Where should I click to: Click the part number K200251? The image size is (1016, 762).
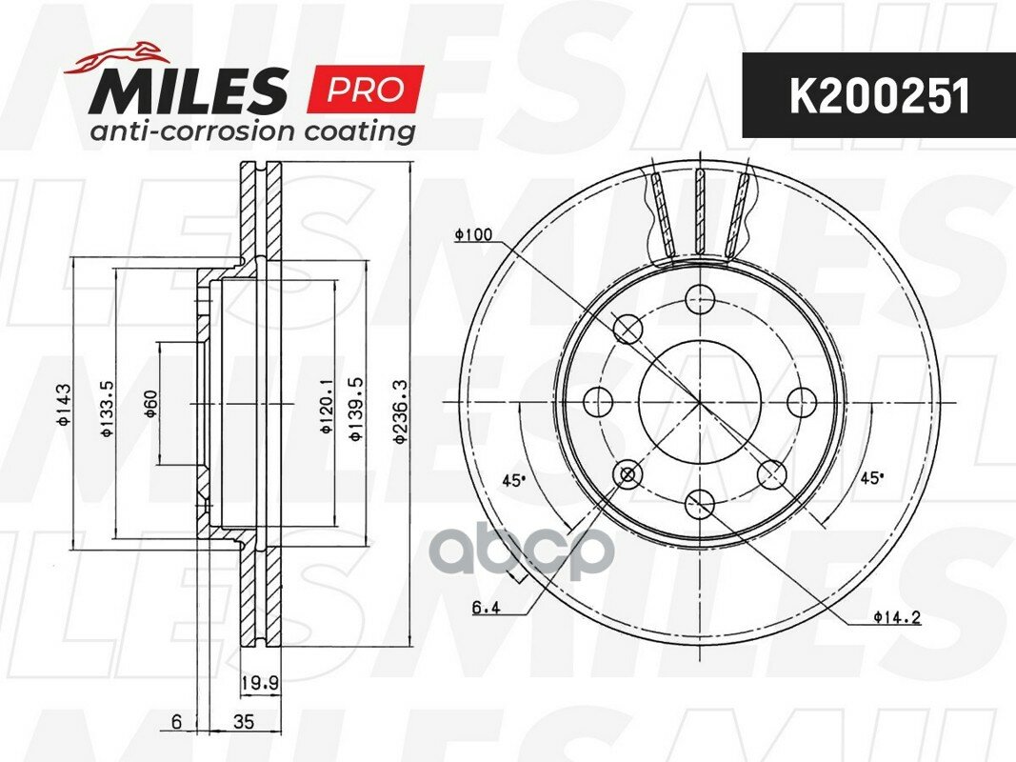pos(879,97)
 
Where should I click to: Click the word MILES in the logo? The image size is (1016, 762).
pos(189,91)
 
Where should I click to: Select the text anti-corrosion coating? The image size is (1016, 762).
pos(252,131)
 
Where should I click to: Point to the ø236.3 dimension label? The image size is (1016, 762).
pos(401,412)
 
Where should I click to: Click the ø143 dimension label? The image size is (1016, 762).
pos(64,405)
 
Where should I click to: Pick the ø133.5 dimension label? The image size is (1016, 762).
pos(107,409)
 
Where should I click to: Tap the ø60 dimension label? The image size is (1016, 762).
pos(150,404)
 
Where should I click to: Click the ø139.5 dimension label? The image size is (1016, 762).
pos(355,410)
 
